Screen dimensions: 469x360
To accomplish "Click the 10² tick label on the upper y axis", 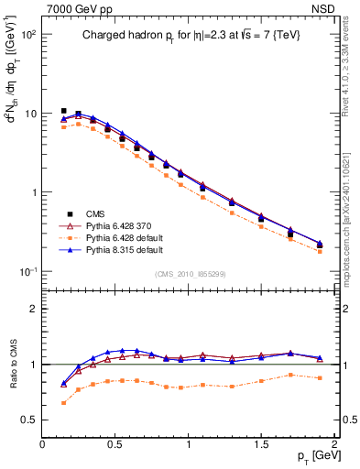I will [x=28, y=35].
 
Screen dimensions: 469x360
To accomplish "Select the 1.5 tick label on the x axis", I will [x=261, y=444].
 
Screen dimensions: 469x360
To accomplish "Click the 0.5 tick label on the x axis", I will [x=115, y=444].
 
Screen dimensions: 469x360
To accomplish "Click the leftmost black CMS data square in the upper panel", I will [x=63, y=111].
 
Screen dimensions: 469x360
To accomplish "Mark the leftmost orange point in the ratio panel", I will [x=63, y=403].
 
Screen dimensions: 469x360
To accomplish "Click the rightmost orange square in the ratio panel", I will [x=320, y=378].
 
